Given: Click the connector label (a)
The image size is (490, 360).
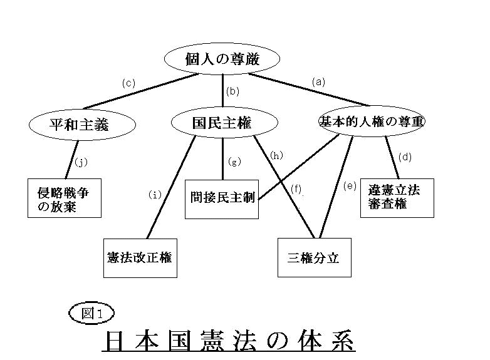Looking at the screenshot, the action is point(319,82).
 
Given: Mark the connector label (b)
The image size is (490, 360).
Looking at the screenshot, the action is point(232,91).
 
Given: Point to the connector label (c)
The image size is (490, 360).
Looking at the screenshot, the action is point(128,83).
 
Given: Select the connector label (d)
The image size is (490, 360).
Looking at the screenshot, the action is point(405,157).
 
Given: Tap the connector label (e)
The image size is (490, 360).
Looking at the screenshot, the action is point(350,186).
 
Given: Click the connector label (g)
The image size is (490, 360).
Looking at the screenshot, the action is point(234,162).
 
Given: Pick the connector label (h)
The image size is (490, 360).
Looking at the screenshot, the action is point(276,155).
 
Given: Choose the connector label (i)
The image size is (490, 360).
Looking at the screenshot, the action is point(155,195).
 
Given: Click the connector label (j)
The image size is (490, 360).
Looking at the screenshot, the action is point(81,162).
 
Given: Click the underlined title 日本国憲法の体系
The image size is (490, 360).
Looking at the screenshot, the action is point(229,341).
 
